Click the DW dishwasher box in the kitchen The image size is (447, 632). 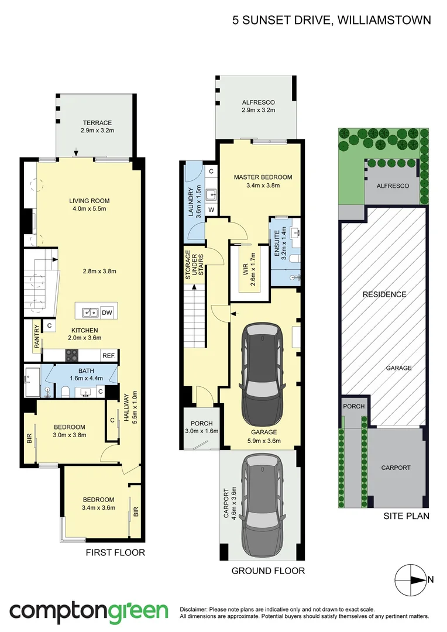coord(106,312)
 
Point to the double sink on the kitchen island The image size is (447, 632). coord(90,312)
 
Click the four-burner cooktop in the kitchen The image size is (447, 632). coord(71,355)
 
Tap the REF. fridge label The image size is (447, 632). coord(109,355)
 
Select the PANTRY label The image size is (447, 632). coord(36,336)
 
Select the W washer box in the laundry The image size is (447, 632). coord(211,209)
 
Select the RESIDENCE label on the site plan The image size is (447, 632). coord(383,294)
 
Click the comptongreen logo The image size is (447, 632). coord(88,611)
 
